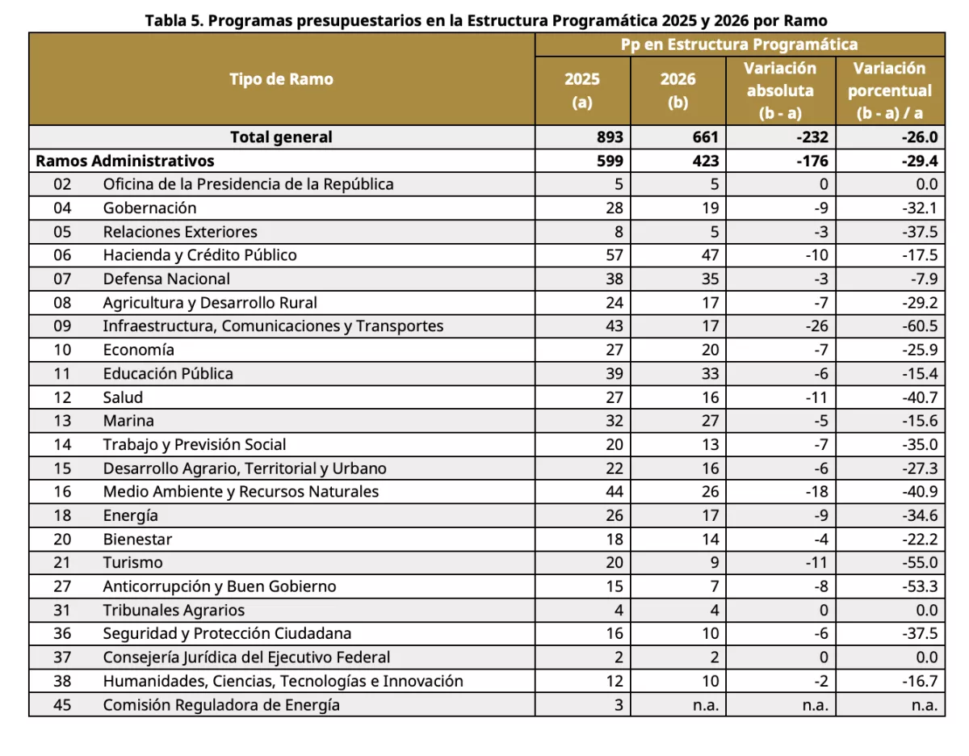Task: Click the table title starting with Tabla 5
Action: [x=485, y=21]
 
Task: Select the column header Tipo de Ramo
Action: [x=281, y=79]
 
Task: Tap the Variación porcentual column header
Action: [x=889, y=90]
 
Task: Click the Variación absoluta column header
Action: [x=779, y=90]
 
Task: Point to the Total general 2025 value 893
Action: [x=610, y=137]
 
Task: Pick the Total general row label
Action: [x=281, y=137]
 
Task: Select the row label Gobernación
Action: [x=149, y=208]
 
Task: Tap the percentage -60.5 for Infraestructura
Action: [x=920, y=326]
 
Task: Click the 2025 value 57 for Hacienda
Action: [x=614, y=255]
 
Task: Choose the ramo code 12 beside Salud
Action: [x=63, y=397]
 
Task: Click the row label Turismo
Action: [x=132, y=563]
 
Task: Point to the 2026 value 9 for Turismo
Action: [x=713, y=563]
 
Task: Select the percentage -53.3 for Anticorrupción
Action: [x=920, y=586]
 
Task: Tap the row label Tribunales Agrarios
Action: [x=174, y=611]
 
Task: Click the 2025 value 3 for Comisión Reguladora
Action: [x=619, y=705]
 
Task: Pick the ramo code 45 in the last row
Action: [x=63, y=705]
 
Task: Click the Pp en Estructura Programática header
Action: [x=739, y=44]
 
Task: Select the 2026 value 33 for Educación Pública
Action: [x=707, y=373]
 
